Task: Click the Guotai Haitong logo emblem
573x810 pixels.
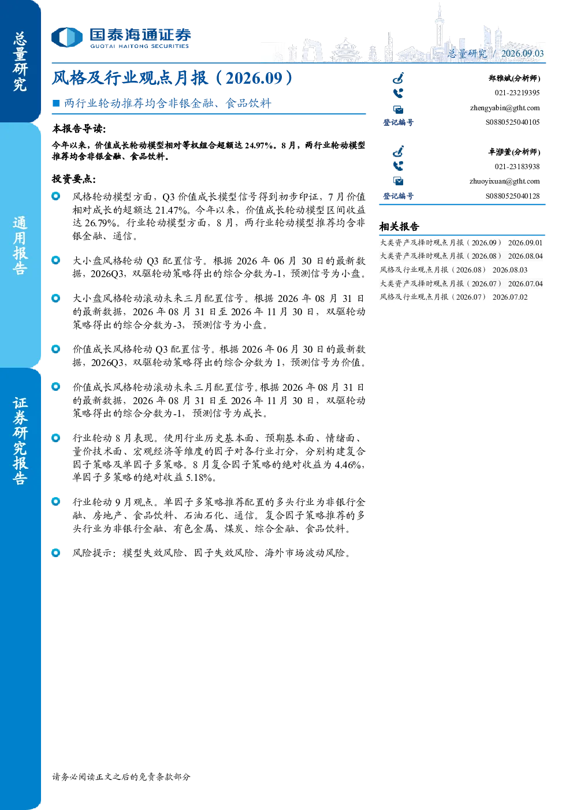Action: [67, 38]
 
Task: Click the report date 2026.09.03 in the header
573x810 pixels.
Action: [522, 54]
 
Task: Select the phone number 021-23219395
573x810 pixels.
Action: [517, 93]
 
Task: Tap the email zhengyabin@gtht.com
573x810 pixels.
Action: [505, 108]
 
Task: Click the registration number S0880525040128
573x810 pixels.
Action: [512, 196]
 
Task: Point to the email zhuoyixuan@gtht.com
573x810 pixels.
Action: [504, 181]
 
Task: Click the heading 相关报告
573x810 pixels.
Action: [399, 227]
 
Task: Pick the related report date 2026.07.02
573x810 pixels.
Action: [509, 297]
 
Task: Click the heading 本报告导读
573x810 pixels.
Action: [79, 128]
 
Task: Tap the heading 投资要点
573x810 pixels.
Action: [74, 178]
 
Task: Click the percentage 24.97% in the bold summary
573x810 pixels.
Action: [258, 145]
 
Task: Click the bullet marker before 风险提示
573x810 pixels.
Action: [55, 553]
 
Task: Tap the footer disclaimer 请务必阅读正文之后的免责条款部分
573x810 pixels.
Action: [121, 777]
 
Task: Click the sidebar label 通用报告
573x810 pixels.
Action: [20, 245]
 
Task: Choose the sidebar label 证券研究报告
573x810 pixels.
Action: [20, 441]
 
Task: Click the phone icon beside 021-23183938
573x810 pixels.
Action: [398, 166]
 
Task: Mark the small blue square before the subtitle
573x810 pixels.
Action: [55, 103]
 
